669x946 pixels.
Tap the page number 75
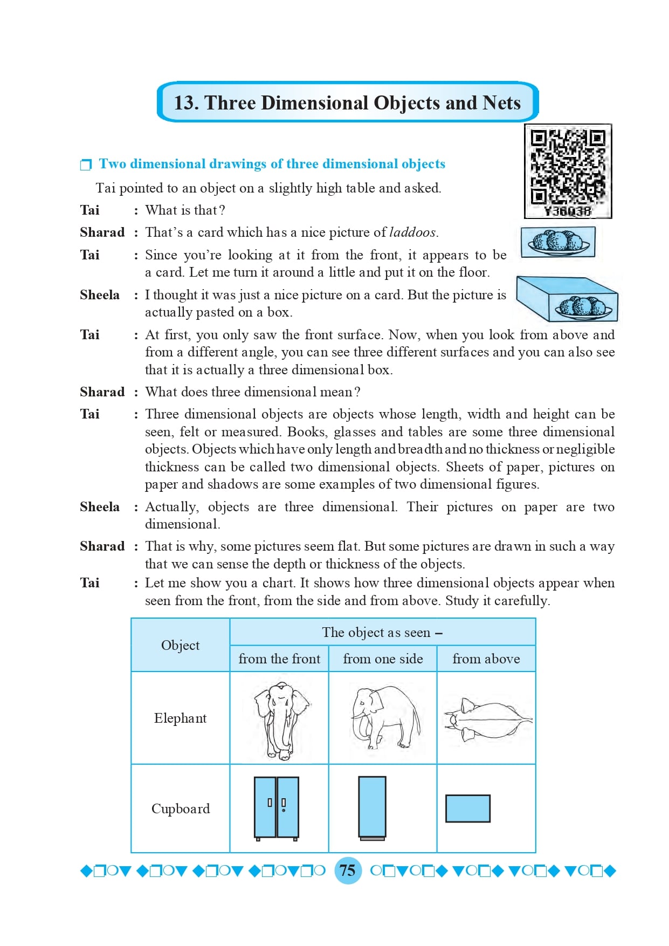348,870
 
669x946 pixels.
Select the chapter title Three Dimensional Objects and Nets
347,102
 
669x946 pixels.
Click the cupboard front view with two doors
277,808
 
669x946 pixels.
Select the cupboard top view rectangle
467,808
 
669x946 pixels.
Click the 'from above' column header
486,659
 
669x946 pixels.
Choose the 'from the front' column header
279,659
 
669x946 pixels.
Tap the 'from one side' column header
383,659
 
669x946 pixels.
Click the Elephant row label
180,718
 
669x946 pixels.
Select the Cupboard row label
180,809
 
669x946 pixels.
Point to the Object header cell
180,646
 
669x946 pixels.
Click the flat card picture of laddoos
558,242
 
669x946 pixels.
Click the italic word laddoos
412,232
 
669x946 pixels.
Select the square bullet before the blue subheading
86,164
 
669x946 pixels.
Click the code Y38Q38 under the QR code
568,211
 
